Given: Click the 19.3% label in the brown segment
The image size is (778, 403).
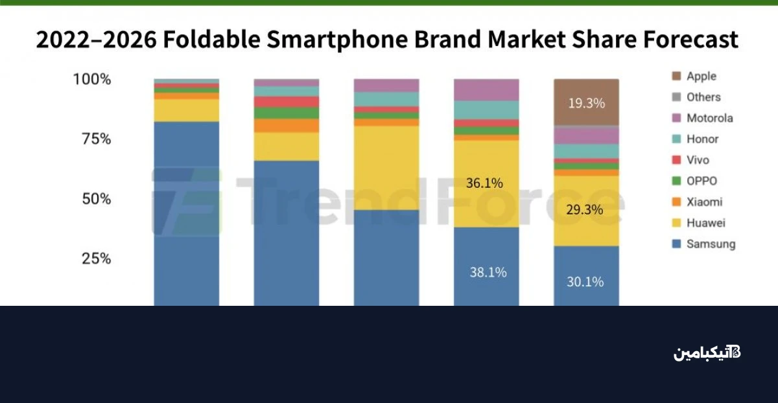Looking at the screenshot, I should [586, 103].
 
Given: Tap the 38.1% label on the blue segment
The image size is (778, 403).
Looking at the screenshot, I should [488, 273].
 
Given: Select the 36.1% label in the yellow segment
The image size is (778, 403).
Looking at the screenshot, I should [484, 183].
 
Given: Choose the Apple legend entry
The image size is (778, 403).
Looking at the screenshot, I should [701, 76].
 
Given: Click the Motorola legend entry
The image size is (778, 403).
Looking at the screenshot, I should [709, 118].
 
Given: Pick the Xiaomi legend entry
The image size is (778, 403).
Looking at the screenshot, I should [704, 202].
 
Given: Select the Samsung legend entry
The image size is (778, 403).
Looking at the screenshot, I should [711, 244].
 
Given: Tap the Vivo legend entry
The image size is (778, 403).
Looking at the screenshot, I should [698, 160].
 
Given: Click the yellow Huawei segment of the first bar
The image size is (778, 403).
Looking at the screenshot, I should [186, 110].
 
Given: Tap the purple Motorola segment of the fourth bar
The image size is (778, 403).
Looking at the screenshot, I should [486, 89].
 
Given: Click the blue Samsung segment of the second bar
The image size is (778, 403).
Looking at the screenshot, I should [286, 233].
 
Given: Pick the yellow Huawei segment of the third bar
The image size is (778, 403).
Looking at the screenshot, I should [386, 167].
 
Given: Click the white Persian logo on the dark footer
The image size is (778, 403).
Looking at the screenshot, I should [707, 353].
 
